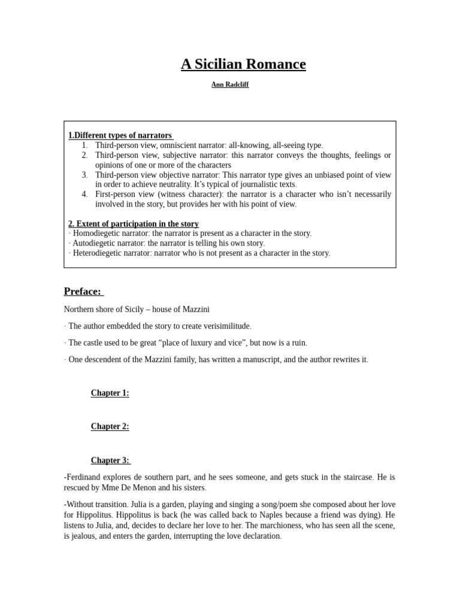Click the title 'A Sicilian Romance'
pos(243,64)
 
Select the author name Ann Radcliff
pos(230,85)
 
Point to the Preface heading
pos(83,292)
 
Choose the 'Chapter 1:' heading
pos(110,393)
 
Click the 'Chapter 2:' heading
pos(110,426)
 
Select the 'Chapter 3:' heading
pos(110,460)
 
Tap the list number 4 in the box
pos(84,194)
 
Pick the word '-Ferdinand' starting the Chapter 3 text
pos(84,478)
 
